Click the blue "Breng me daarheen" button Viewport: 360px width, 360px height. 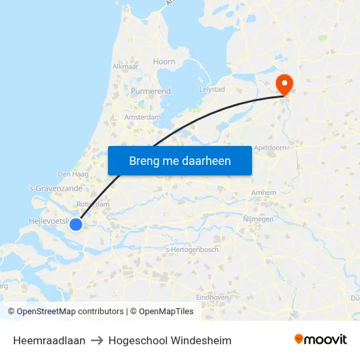[x=179, y=160]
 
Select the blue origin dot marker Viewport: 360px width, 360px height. [x=76, y=225]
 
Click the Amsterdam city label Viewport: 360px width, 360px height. [x=142, y=117]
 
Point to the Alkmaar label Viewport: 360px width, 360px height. [x=124, y=66]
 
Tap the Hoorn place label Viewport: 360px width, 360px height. [x=164, y=62]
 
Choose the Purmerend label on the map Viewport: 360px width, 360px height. [x=151, y=91]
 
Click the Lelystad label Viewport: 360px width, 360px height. [x=211, y=89]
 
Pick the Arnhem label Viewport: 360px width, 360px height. [x=263, y=192]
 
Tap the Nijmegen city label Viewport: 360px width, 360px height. [x=258, y=219]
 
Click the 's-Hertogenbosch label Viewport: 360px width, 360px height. [x=192, y=249]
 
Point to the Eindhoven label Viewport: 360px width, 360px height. [x=211, y=297]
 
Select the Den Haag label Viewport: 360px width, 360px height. [x=73, y=174]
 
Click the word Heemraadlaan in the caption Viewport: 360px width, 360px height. [x=49, y=340]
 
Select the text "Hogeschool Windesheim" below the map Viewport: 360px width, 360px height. [x=170, y=340]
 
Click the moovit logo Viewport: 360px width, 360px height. [x=321, y=340]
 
